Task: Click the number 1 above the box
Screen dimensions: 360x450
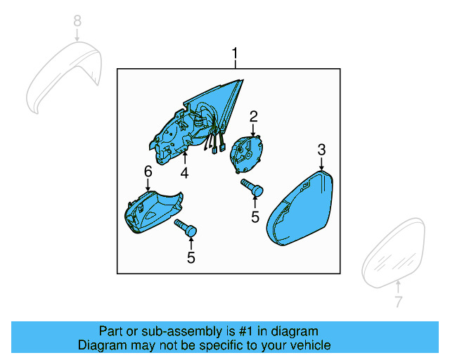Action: coord(235,53)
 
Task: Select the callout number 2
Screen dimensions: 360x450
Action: coord(253,116)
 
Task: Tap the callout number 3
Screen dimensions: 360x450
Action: coord(321,149)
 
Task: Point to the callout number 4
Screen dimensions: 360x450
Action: coord(184,172)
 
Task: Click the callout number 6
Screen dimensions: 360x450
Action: coord(148,172)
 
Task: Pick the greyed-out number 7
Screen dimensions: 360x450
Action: coord(398,302)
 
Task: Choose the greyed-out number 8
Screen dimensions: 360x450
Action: coord(77,22)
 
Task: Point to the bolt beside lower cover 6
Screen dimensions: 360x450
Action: coord(186,228)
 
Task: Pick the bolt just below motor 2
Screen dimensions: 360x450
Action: coord(252,187)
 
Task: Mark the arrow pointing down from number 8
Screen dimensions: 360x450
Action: coord(77,35)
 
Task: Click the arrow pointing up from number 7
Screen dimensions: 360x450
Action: coord(398,286)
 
